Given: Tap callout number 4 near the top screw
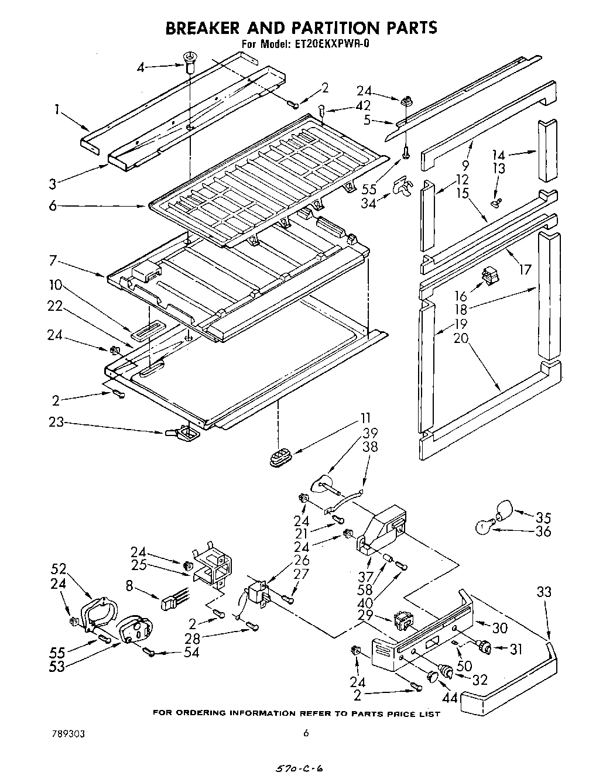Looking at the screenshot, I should coord(140,67).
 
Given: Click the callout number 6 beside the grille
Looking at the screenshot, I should coord(53,206).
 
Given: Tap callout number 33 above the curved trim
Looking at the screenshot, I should coord(544,592).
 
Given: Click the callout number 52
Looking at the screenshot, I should coord(59,568).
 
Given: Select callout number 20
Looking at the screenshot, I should coord(460,338).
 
